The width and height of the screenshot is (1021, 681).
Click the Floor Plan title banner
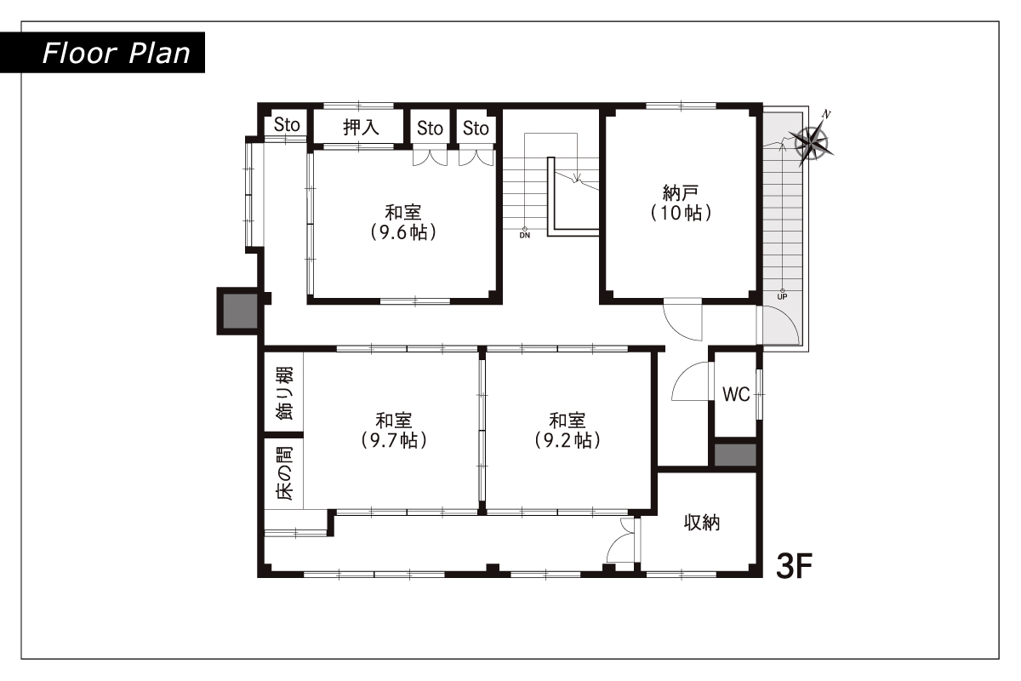pyautogui.click(x=102, y=53)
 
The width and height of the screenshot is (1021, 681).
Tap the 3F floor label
pyautogui.click(x=794, y=566)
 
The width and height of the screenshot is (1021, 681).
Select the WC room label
pyautogui.click(x=736, y=394)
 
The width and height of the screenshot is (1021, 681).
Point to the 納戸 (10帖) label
pyautogui.click(x=681, y=203)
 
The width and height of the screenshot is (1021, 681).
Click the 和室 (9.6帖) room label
pyautogui.click(x=403, y=222)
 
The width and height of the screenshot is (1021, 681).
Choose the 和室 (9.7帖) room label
pyautogui.click(x=394, y=431)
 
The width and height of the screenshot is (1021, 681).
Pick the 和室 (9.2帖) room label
pyautogui.click(x=567, y=431)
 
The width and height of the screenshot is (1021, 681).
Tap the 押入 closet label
pyautogui.click(x=361, y=127)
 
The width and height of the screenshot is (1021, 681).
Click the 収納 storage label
pyautogui.click(x=702, y=523)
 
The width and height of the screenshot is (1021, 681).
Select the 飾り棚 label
pyautogui.click(x=284, y=393)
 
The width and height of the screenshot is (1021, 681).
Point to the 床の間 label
pyautogui.click(x=284, y=473)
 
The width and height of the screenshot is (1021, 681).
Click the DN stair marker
pyautogui.click(x=525, y=233)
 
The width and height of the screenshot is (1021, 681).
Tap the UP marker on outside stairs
pyautogui.click(x=782, y=295)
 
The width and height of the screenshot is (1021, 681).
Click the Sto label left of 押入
pyautogui.click(x=287, y=124)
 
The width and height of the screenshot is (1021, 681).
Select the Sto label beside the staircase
pyautogui.click(x=476, y=129)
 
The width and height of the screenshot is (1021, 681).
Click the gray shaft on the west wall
pyautogui.click(x=240, y=311)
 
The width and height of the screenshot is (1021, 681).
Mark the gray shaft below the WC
pyautogui.click(x=735, y=455)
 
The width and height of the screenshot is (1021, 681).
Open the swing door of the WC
pyautogui.click(x=691, y=381)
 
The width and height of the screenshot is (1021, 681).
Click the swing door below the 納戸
pyautogui.click(x=682, y=319)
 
